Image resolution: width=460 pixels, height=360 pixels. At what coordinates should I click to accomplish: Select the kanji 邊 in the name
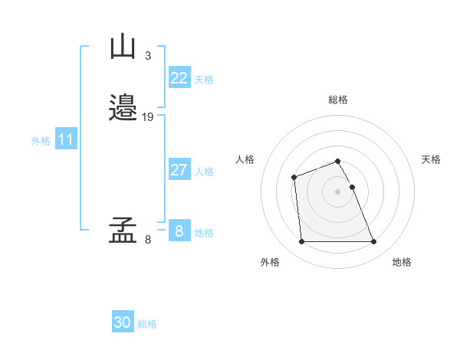point(123,108)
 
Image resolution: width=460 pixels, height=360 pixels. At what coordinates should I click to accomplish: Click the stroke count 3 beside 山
point(147,55)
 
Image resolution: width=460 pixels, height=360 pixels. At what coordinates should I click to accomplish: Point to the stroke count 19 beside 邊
point(148,117)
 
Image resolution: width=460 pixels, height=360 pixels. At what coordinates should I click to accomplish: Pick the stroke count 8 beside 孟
point(147,240)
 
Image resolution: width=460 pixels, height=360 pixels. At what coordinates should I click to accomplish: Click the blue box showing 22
point(179,78)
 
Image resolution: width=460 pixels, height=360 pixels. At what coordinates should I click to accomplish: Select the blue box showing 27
point(179,170)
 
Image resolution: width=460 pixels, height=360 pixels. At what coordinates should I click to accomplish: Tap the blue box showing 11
point(66,139)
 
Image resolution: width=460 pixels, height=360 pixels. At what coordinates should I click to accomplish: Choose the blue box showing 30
point(123,322)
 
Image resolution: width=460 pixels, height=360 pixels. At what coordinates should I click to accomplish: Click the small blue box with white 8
point(179,231)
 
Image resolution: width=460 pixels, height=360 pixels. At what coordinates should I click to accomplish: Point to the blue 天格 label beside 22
point(204,80)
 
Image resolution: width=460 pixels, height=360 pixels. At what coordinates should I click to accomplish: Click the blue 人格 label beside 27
point(204,172)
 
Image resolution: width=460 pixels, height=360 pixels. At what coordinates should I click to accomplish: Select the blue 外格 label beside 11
point(41,141)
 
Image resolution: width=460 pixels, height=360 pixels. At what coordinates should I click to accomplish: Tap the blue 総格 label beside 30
point(147,324)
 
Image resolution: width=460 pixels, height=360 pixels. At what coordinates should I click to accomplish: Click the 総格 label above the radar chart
point(338,100)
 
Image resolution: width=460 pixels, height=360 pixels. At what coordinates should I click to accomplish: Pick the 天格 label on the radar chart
point(431,159)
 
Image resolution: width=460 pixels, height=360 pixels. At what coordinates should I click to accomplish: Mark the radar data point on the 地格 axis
point(373,242)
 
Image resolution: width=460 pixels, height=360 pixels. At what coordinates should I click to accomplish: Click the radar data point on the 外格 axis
point(301,242)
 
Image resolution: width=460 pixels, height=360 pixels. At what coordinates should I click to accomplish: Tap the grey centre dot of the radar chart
point(337,191)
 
